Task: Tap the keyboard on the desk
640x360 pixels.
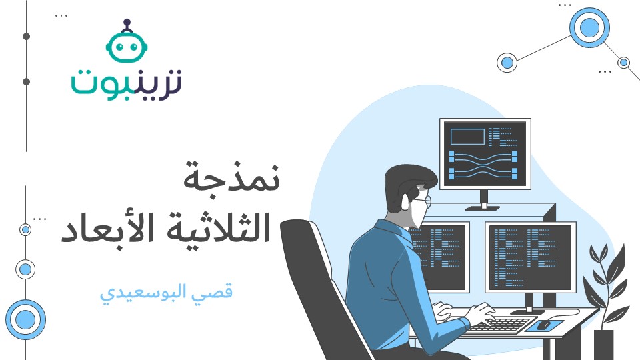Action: coord(497,325)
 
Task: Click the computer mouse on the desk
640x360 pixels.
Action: coord(543,325)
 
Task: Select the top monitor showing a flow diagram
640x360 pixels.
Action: coord(485,155)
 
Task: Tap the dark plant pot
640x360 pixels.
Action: coord(603,344)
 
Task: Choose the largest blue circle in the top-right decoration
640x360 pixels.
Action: coord(589,28)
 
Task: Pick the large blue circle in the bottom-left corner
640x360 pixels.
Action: coord(25,319)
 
